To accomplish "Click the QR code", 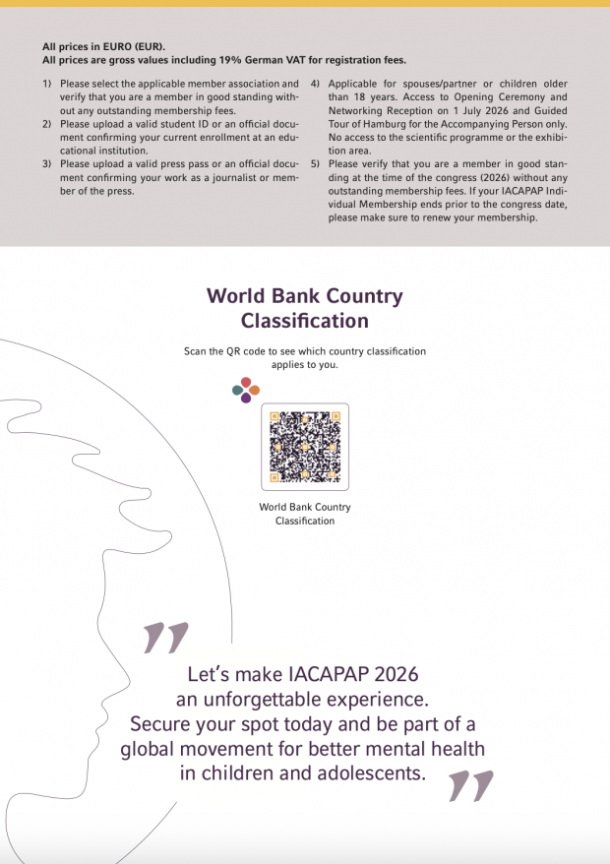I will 305,446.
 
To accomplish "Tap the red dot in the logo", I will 246,382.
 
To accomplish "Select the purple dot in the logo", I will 246,399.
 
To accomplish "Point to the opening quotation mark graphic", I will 164,638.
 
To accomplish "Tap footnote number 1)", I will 47,84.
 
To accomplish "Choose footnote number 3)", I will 47,163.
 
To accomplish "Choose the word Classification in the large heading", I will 305,321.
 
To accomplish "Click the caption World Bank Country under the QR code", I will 305,508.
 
